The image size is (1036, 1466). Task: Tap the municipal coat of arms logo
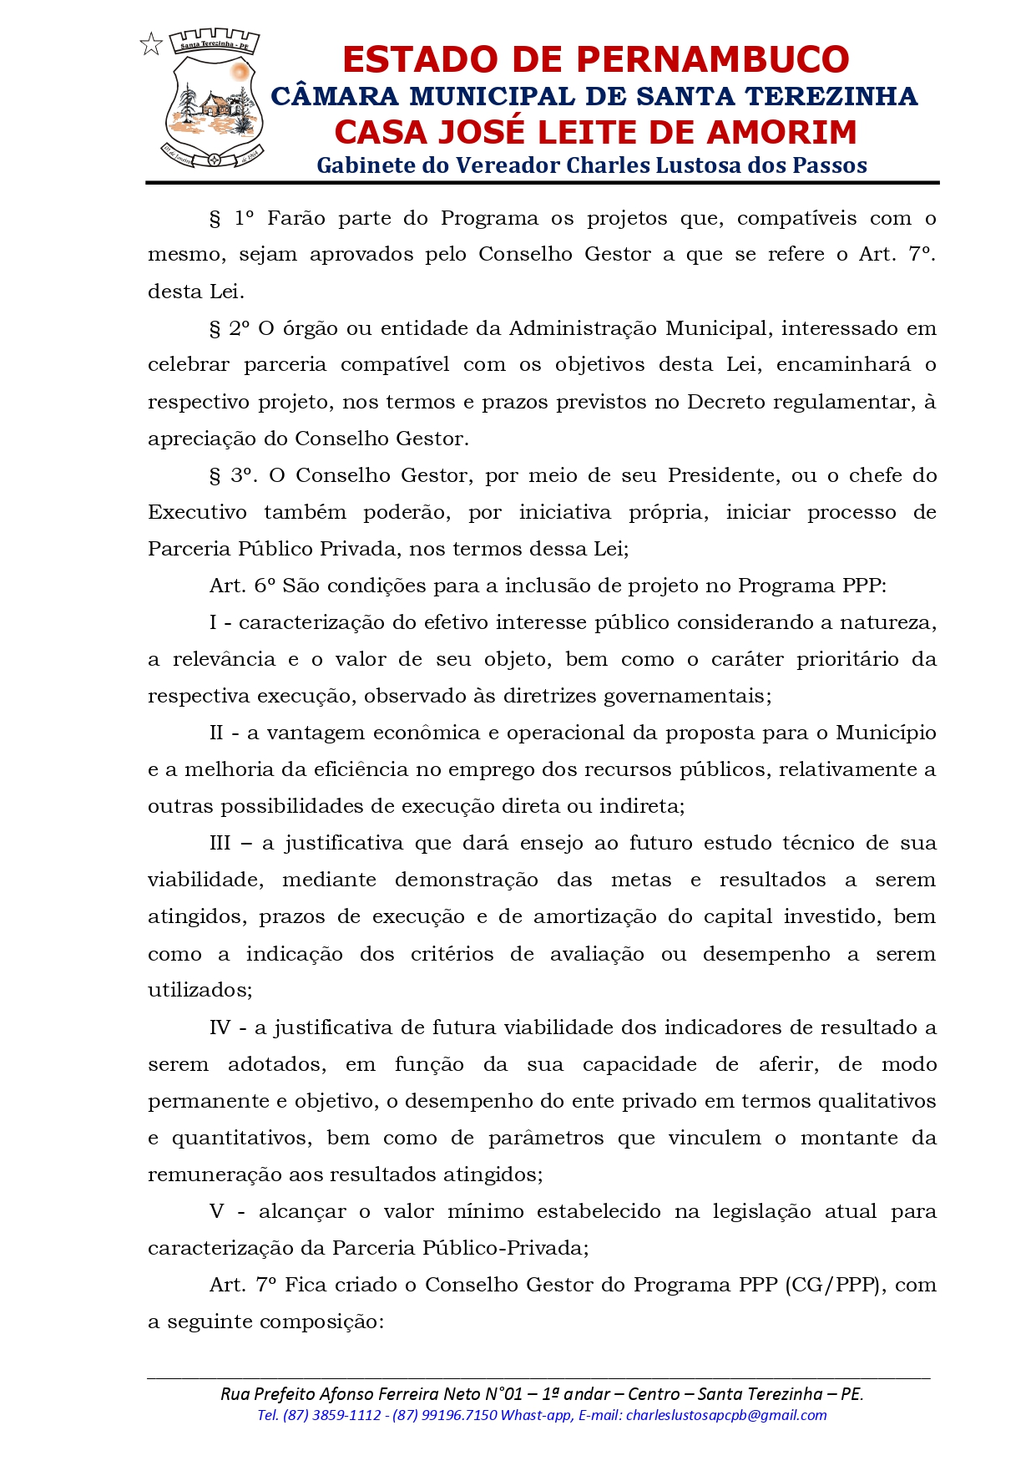[x=214, y=99]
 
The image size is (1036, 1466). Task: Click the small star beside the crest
[x=151, y=43]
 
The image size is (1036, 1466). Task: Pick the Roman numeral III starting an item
[x=220, y=844]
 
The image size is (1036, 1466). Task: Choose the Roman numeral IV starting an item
[x=220, y=1027]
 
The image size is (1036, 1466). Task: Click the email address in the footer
[x=726, y=1415]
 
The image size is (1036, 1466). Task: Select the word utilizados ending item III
[x=200, y=991]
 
